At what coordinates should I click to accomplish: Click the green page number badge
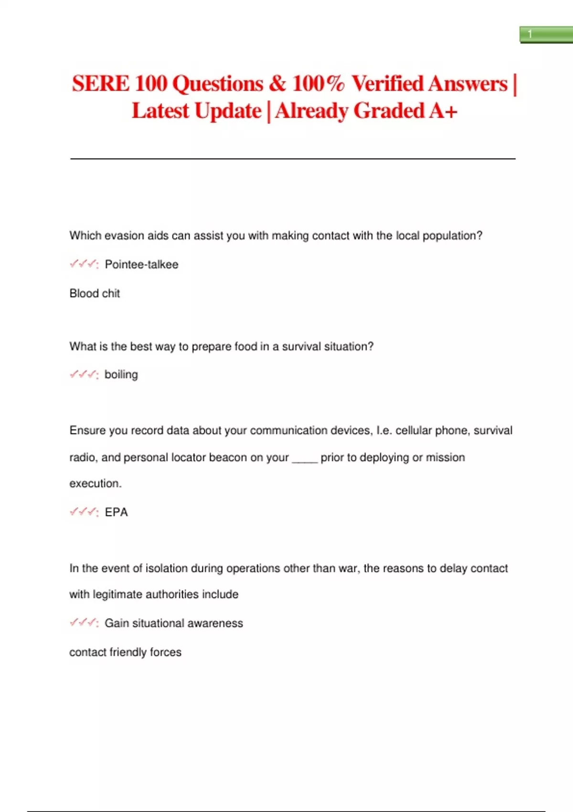[x=546, y=34]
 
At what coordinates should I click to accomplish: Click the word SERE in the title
[x=100, y=84]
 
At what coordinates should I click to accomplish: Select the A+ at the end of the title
[x=443, y=111]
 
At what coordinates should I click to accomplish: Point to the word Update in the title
[x=228, y=111]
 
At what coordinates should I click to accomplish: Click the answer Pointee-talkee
[x=141, y=265]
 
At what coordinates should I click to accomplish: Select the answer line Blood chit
[x=95, y=293]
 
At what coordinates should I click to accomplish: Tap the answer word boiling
[x=121, y=374]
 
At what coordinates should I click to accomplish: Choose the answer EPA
[x=117, y=512]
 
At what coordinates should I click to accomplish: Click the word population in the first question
[x=452, y=236]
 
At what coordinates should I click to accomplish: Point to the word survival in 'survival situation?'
[x=301, y=346]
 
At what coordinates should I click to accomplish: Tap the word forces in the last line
[x=166, y=652]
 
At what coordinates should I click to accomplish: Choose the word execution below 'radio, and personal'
[x=95, y=483]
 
